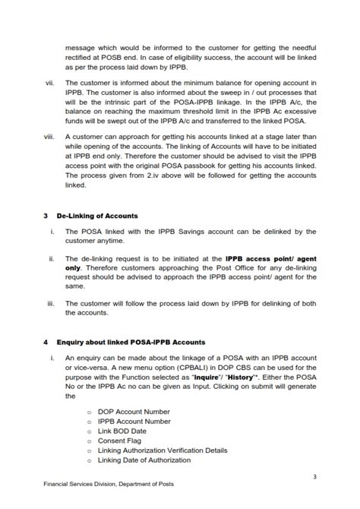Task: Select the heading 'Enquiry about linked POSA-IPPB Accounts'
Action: click(131, 343)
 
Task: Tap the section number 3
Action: click(46, 217)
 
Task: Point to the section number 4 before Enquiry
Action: click(46, 343)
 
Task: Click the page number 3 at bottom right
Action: click(314, 476)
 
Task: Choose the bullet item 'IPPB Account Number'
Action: click(134, 421)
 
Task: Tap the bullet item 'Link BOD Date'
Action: click(122, 431)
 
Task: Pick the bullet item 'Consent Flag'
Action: click(120, 441)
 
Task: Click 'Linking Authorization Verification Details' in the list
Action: click(163, 451)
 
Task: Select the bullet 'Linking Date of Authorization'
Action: click(144, 460)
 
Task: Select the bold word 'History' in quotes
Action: click(242, 377)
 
